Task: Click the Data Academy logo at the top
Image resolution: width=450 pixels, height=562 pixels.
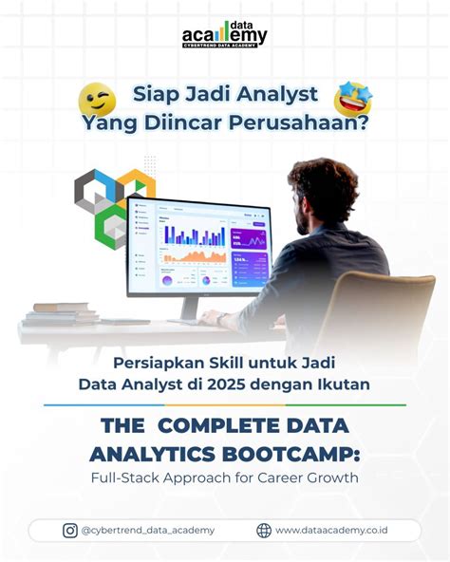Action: [225, 34]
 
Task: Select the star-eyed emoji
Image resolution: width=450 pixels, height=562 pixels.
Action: [352, 99]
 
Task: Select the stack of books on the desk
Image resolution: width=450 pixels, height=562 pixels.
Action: [60, 313]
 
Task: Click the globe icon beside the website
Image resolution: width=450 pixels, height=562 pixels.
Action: [264, 531]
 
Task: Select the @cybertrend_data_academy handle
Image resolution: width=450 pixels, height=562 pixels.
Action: [148, 531]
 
